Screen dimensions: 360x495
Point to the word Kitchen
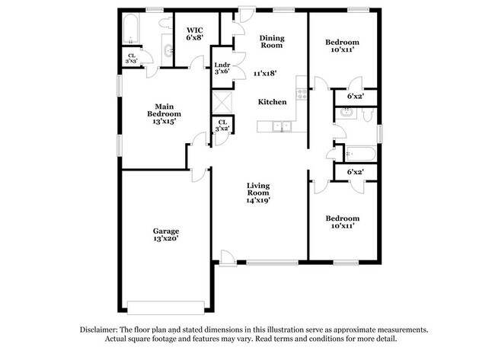[x=272, y=102]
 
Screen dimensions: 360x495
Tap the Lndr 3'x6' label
[x=222, y=68]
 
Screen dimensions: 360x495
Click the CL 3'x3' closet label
[x=132, y=57]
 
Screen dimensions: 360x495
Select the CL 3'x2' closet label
[x=222, y=126]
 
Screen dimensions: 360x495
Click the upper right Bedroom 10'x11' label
[x=343, y=45]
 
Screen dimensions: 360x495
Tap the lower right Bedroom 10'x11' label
[x=342, y=221]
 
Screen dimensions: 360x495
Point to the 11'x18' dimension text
[x=265, y=74]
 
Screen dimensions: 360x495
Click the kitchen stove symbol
[x=302, y=94]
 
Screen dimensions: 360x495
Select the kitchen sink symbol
[x=282, y=126]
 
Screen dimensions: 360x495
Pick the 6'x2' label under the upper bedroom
[x=355, y=97]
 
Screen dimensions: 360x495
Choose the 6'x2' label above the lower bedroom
[x=355, y=172]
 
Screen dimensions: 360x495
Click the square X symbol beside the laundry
[x=222, y=102]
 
